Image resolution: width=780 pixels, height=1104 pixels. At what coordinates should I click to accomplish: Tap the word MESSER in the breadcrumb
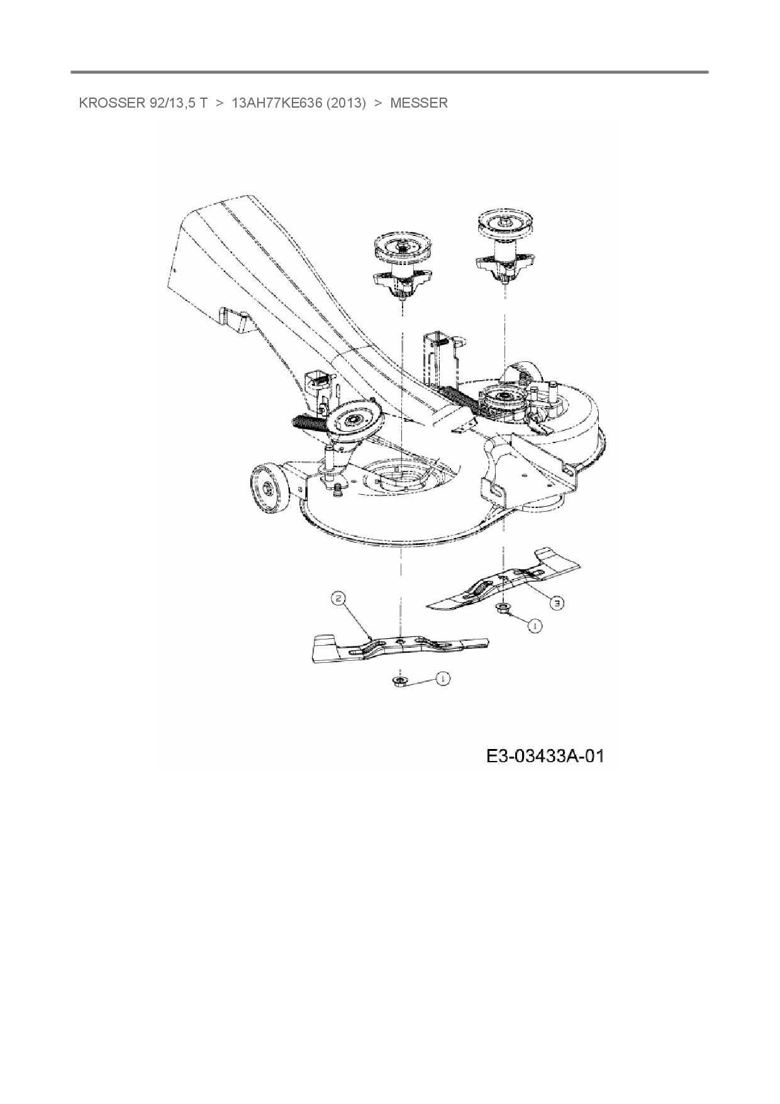[x=418, y=103]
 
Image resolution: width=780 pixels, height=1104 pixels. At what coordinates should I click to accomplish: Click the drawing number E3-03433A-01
[x=545, y=755]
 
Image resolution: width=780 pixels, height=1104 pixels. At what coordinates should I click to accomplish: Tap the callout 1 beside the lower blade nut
[x=443, y=679]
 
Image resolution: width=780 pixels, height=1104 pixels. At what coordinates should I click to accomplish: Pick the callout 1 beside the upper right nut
[x=535, y=626]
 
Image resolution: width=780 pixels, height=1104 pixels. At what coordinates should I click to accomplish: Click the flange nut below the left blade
[x=398, y=682]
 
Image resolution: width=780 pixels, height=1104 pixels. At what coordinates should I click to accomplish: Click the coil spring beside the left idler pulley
[x=308, y=421]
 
